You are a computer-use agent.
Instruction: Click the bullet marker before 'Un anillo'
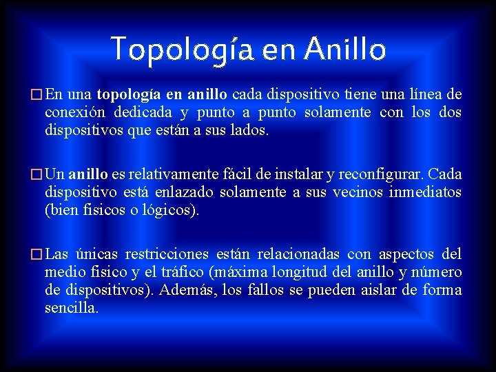click(37, 175)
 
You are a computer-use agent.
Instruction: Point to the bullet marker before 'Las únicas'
click(37, 255)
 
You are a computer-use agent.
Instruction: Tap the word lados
click(249, 129)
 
